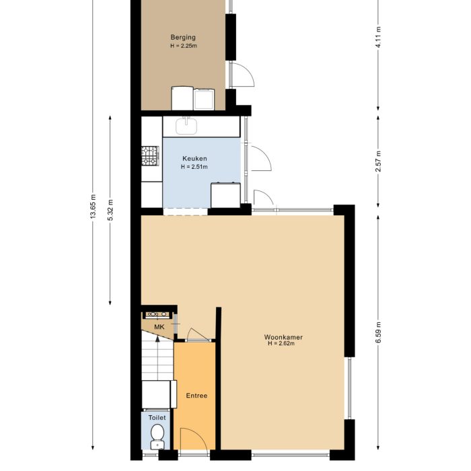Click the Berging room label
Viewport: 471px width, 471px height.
tap(182, 38)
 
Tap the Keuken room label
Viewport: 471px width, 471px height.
tap(194, 158)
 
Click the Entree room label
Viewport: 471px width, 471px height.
tap(196, 396)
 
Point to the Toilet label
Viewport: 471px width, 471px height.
tap(157, 418)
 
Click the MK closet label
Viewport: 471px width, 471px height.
tap(159, 327)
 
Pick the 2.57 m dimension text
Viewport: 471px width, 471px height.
tap(379, 160)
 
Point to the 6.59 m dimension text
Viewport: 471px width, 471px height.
tap(379, 331)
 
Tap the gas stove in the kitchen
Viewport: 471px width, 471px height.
tap(149, 156)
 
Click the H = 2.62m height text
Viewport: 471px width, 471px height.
tap(281, 343)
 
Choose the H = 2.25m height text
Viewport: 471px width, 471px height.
tap(182, 46)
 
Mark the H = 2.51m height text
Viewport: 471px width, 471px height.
tap(194, 167)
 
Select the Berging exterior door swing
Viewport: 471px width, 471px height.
tap(244, 74)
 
